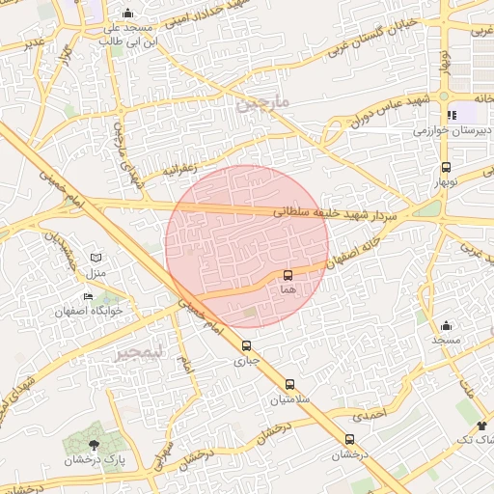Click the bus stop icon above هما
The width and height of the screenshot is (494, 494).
pos(288,276)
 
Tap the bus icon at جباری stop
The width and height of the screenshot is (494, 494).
pos(246,346)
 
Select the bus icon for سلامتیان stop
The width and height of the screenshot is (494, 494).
pos(289,384)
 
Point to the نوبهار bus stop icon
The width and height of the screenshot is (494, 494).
pos(446,167)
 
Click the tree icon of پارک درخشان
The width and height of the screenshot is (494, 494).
pos(94,445)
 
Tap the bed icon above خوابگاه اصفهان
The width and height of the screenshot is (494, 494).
pos(88,296)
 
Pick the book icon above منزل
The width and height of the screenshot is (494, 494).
pos(95,257)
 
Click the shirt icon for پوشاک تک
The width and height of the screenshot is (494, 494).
pos(481,425)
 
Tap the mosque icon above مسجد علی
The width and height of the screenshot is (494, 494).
pos(128,14)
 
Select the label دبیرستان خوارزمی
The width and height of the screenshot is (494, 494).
pos(449,129)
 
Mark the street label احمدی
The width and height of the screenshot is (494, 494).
pos(368,415)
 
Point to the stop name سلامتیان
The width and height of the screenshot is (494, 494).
pos(289,398)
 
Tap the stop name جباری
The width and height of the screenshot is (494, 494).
pos(247,361)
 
